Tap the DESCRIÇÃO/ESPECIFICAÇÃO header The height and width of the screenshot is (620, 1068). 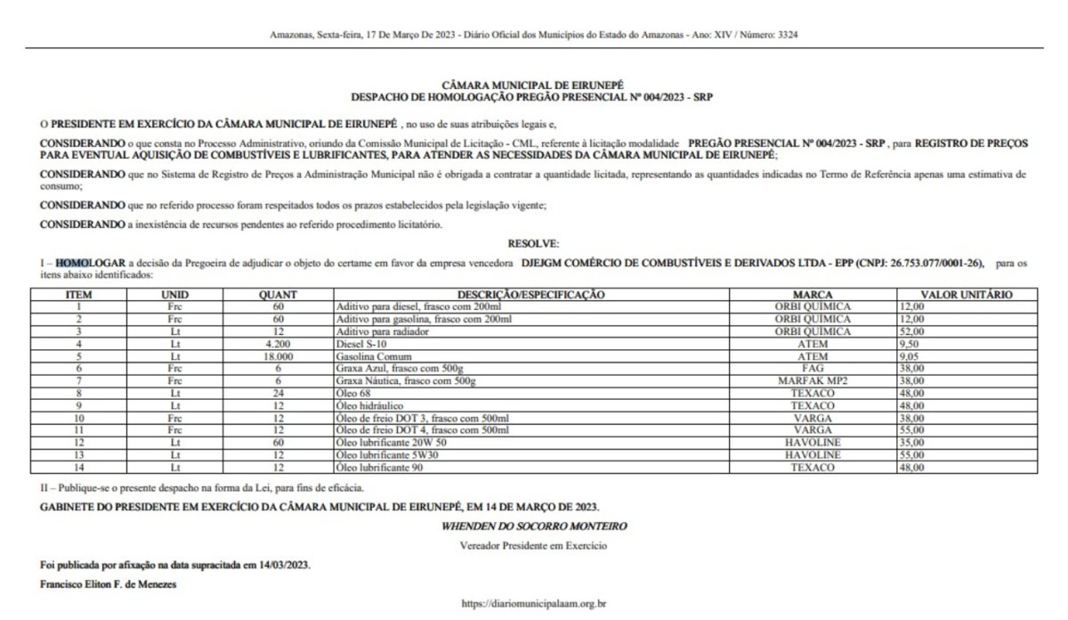pyautogui.click(x=531, y=293)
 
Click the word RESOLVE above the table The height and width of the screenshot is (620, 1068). pyautogui.click(x=533, y=242)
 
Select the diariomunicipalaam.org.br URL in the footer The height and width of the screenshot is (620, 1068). pyautogui.click(x=533, y=604)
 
